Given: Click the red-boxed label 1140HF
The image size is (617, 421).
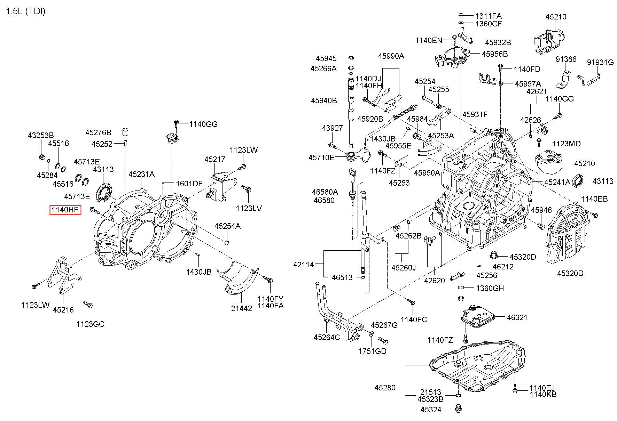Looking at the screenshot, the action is pos(65,210).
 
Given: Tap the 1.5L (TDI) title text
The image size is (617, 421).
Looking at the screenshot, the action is pos(26,11).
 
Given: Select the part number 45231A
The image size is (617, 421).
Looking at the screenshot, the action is pos(141,174).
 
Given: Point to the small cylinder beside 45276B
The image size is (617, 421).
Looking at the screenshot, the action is pos(125,132).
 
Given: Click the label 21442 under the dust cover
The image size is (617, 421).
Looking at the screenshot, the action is pos(242,308).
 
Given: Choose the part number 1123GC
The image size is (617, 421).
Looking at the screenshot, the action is pos(90,324).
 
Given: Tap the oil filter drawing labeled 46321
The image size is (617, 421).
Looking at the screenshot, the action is pos(477,317).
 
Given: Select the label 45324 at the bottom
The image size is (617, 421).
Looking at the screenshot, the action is pos(431,410).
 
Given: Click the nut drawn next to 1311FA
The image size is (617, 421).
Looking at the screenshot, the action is pos(461,15).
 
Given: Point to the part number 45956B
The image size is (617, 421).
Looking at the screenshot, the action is pos(495,54).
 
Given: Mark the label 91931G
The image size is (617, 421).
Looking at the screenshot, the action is pos(600,62).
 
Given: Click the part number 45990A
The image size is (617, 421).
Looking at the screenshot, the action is pos(391,56).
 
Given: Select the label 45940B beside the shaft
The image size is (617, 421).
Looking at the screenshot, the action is pos(324,100).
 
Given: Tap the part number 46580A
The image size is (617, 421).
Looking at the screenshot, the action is pos(325,192).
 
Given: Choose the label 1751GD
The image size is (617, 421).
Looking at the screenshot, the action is pos(372,351).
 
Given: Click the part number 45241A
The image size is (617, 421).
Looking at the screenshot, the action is pos(557,182).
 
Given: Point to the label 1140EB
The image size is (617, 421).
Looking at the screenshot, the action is pos(594,199).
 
